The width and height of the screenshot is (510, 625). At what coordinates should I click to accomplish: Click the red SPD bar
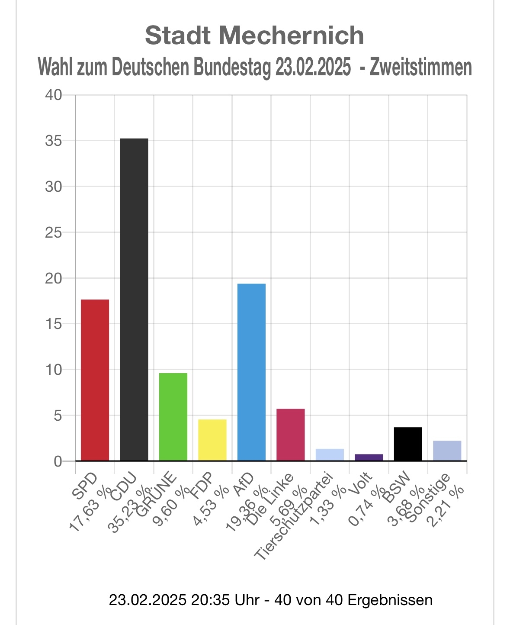point(95,380)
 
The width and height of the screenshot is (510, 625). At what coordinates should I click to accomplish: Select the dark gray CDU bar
point(134,300)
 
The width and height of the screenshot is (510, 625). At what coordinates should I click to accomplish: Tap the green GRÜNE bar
point(173,417)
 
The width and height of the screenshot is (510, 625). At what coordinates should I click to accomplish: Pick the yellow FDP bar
point(212,440)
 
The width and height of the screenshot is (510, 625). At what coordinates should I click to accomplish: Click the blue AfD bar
point(251,372)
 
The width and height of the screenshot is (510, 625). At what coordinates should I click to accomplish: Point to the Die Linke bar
point(290,435)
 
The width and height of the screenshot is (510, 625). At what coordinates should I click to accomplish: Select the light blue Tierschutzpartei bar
point(330,455)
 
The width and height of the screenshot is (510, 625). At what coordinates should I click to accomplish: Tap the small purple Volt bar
point(369,457)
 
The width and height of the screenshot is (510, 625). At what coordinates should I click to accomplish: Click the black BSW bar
point(408,444)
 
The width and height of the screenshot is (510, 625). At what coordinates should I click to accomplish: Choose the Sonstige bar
point(447,451)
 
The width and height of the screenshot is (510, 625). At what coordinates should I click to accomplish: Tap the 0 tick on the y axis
point(58,461)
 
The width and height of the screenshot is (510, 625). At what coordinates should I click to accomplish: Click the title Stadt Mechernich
point(254,35)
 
